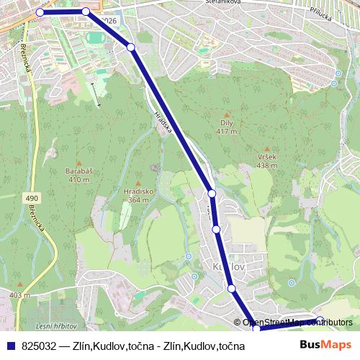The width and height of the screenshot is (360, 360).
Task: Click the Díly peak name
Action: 227,123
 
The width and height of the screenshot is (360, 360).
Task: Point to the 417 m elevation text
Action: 227,131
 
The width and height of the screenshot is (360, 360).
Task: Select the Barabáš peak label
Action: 84,172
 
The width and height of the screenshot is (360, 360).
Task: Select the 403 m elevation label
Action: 19,295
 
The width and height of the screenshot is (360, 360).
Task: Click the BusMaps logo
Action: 325,346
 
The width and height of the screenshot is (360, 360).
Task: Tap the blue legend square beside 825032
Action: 11,346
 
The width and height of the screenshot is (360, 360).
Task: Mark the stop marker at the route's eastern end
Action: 320,320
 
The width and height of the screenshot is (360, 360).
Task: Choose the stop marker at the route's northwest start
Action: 40,12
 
